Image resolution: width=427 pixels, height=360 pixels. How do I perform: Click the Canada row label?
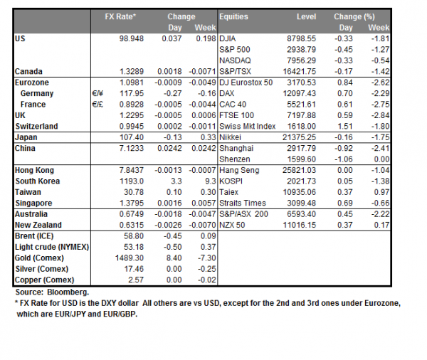(29, 72)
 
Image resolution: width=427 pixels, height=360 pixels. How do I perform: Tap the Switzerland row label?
(38, 127)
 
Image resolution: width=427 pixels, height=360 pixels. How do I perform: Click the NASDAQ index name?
(236, 61)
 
